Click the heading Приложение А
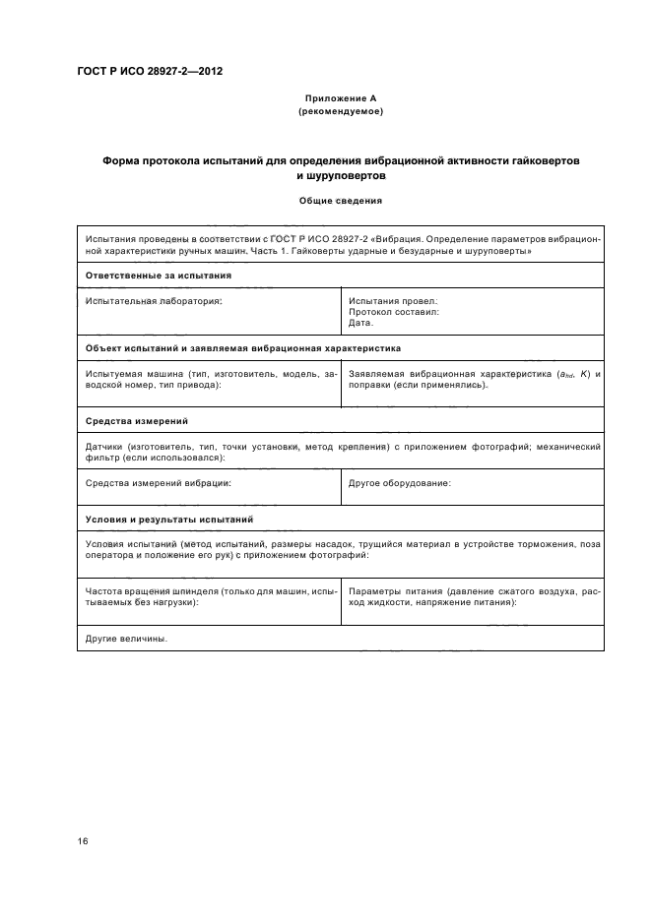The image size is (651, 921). point(339,99)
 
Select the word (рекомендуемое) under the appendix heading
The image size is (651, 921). point(339,111)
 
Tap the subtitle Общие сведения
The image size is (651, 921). point(340,201)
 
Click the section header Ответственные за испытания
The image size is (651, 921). point(159,276)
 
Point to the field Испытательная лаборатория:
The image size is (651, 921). point(155,300)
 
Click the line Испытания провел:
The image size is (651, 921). point(393,300)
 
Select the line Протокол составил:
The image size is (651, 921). point(394,311)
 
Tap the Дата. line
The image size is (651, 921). point(360,322)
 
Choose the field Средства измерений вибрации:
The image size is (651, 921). point(159,483)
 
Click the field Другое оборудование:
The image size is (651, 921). point(400,483)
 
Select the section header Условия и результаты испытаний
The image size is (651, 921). point(169,518)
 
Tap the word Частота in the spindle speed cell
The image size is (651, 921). point(106,591)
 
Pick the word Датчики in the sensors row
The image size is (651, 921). point(104,446)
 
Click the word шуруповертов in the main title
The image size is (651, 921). point(339,174)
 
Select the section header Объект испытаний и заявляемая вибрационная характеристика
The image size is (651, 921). point(242,348)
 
